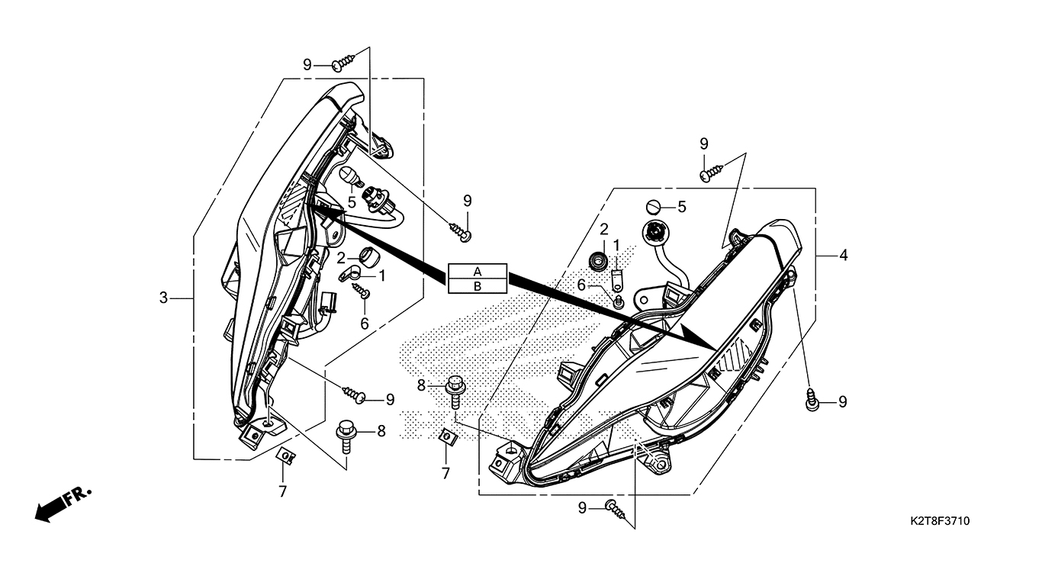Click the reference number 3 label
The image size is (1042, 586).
click(163, 298)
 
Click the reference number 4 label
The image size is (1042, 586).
click(843, 256)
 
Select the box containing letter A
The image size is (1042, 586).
click(478, 272)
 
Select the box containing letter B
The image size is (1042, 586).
click(478, 286)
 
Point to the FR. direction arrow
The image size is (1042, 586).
click(61, 504)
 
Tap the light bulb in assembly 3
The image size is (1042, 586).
click(349, 176)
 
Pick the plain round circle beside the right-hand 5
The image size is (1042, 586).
click(653, 206)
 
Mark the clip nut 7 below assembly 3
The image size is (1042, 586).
click(285, 456)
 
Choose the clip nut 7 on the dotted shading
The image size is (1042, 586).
click(448, 436)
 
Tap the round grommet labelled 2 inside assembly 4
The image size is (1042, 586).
click(598, 259)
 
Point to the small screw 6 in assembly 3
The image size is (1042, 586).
click(362, 290)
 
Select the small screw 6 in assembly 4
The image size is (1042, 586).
click(619, 301)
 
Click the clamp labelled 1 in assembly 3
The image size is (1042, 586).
click(349, 272)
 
